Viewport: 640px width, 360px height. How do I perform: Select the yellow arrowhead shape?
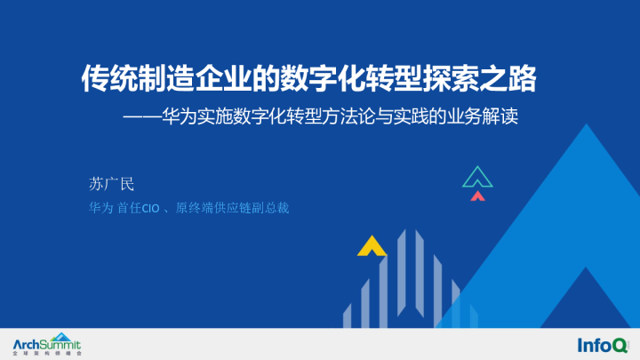tap(371, 246)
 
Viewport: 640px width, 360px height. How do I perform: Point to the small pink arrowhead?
tap(478, 195)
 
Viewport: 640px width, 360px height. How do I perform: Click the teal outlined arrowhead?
tap(477, 177)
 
